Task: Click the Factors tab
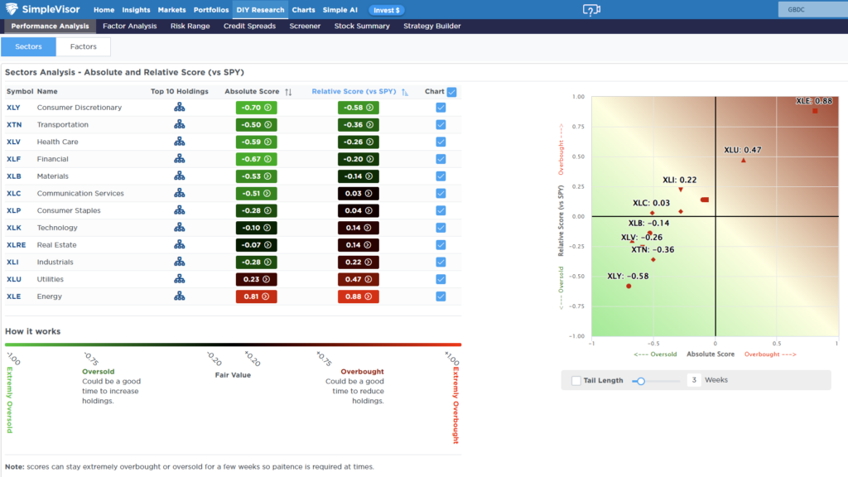pos(84,46)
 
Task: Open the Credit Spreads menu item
pos(249,26)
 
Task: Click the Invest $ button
pos(387,10)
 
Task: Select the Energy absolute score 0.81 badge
pos(256,296)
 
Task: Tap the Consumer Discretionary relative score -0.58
pos(358,108)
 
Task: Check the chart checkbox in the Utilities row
pos(441,280)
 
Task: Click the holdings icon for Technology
pos(179,228)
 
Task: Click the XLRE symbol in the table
pos(16,245)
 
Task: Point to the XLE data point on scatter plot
pos(815,111)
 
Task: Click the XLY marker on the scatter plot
pos(629,286)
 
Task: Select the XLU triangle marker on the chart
pos(744,160)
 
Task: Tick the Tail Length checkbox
pos(576,380)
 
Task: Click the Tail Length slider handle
pos(641,381)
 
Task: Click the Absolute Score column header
pos(252,91)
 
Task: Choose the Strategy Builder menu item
pos(432,26)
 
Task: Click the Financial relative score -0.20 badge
pos(358,159)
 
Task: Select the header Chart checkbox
pos(451,92)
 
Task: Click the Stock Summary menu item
pos(362,26)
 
